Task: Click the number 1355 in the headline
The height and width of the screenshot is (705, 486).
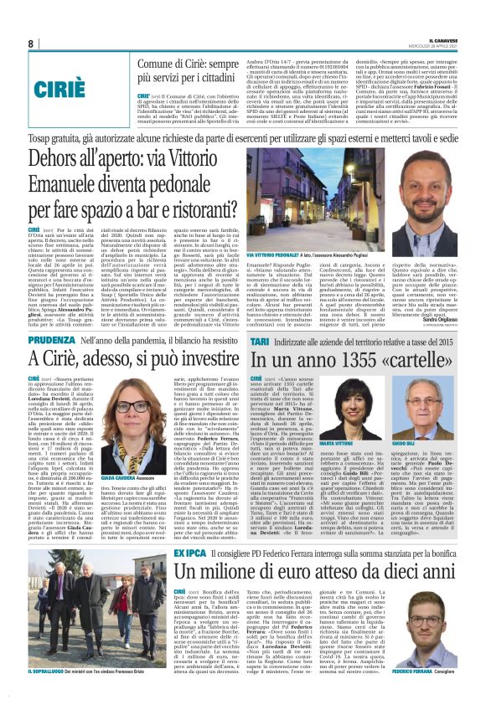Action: point(359,361)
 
